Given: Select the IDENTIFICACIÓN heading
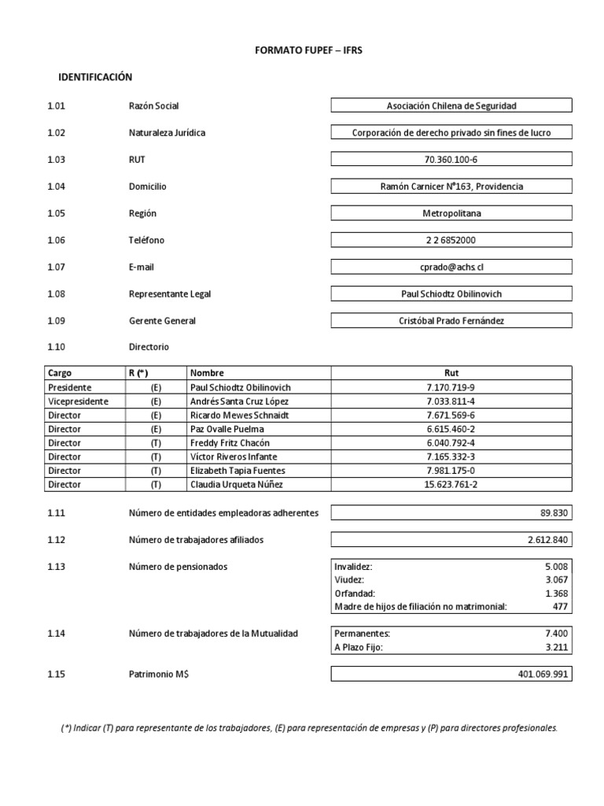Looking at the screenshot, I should [x=95, y=77].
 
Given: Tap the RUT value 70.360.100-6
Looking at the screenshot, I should [x=451, y=160].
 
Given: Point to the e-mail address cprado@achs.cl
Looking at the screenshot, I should [x=451, y=267].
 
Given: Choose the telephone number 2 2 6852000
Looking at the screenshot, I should [x=451, y=240].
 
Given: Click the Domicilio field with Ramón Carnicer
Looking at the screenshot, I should [x=451, y=187].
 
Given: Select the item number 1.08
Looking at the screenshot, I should [x=56, y=294].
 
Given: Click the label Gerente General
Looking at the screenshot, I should [x=162, y=321].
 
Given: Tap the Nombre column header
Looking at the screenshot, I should [x=207, y=373].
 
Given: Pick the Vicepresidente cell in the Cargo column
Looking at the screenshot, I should [x=78, y=401].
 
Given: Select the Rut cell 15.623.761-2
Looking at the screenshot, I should [x=451, y=485].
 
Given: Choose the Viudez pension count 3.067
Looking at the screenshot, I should [x=554, y=579].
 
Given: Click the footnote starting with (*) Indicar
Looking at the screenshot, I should [x=308, y=728].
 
